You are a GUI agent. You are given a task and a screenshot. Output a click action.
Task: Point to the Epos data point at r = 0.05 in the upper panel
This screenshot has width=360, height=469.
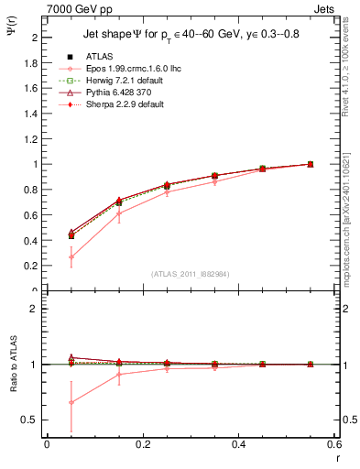tap(71, 256)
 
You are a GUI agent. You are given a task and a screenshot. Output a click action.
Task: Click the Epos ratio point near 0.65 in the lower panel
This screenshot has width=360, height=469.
tap(71, 402)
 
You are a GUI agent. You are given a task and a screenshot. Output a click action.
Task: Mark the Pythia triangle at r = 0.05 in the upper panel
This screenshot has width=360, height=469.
tap(71, 232)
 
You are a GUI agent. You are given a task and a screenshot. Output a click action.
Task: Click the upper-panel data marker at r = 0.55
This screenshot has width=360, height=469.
tap(310, 164)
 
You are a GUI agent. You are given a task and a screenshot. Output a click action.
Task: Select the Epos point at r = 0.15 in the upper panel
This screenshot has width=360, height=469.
tap(119, 213)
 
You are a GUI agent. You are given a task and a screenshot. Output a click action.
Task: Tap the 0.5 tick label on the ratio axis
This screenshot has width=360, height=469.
tap(35, 420)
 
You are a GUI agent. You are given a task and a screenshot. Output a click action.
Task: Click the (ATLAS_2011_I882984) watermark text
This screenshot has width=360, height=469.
tap(190, 273)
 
